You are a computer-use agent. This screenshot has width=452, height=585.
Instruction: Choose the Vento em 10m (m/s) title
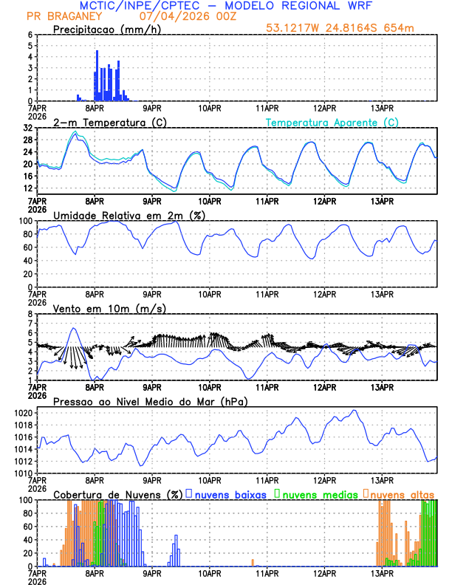click(x=109, y=307)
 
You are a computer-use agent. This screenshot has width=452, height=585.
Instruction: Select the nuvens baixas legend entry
click(x=229, y=494)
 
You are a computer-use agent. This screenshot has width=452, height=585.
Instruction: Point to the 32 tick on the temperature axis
click(x=27, y=128)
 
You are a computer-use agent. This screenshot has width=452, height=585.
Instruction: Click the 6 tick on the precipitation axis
click(x=30, y=35)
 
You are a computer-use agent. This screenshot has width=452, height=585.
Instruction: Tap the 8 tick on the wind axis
click(x=30, y=314)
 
